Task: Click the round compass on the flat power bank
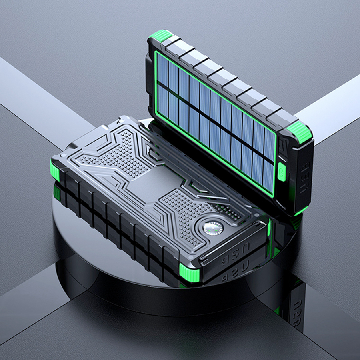(x=213, y=228)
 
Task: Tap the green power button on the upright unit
(x=282, y=172)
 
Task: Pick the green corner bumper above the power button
(x=300, y=132)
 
